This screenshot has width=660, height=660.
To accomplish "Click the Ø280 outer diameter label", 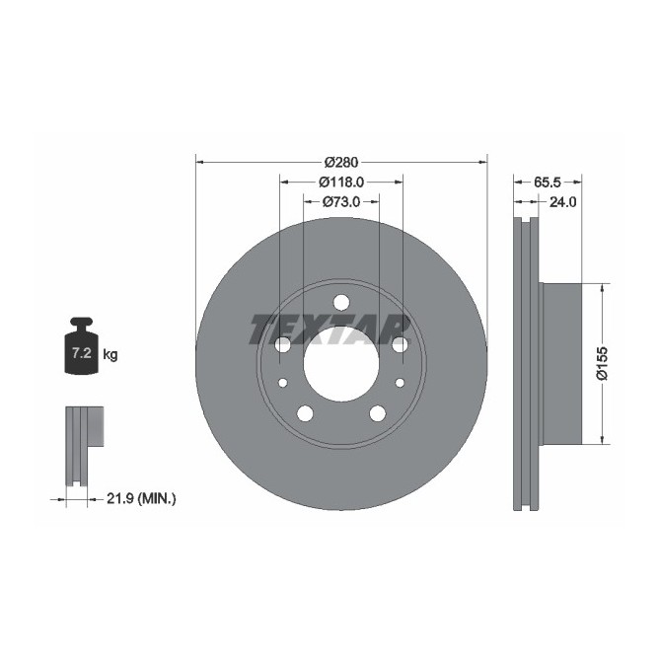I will coord(341,162).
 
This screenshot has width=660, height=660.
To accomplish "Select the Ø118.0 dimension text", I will coord(341,182).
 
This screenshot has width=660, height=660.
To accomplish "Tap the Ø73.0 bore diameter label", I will coord(341,201).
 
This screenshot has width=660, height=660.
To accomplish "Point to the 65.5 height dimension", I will coord(548,182).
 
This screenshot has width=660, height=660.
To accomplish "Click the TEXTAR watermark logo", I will coord(330,329).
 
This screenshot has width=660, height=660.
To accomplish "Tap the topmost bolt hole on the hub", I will coord(341,302).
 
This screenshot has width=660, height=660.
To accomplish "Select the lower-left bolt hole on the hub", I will coord(305,412).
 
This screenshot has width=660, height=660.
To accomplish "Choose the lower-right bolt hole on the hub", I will coord(378,412).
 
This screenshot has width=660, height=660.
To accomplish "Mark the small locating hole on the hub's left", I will coord(282,383).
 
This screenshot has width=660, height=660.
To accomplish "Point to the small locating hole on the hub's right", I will coord(400,383).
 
